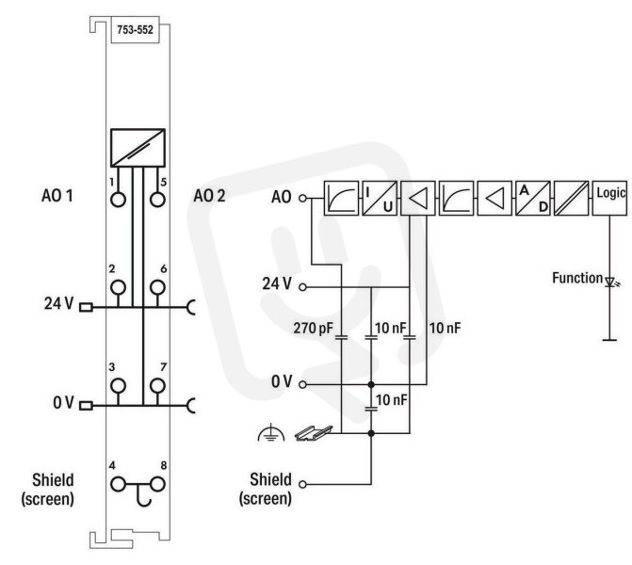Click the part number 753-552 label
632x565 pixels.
pyautogui.click(x=135, y=30)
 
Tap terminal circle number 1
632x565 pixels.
pyautogui.click(x=118, y=200)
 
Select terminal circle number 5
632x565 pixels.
pyautogui.click(x=157, y=200)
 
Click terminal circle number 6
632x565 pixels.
pyautogui.click(x=157, y=287)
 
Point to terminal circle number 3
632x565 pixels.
pyautogui.click(x=118, y=386)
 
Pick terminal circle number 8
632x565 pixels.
pyautogui.click(x=157, y=484)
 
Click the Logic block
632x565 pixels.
pyautogui.click(x=609, y=199)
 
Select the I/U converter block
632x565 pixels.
pyautogui.click(x=380, y=199)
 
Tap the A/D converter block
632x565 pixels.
pyautogui.click(x=533, y=199)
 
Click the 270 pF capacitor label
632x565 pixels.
pyautogui.click(x=314, y=329)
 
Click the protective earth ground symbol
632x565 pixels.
pyautogui.click(x=271, y=432)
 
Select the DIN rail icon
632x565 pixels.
pyautogui.click(x=314, y=433)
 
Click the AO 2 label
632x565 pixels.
pyautogui.click(x=209, y=196)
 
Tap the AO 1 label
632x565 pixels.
pyautogui.click(x=57, y=196)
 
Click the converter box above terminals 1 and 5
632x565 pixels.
pyautogui.click(x=138, y=148)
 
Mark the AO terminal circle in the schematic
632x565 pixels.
pyautogui.click(x=302, y=198)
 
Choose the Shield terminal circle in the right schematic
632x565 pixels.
pyautogui.click(x=302, y=484)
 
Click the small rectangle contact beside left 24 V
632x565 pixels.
pyautogui.click(x=86, y=308)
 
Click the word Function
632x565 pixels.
pyautogui.click(x=577, y=278)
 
